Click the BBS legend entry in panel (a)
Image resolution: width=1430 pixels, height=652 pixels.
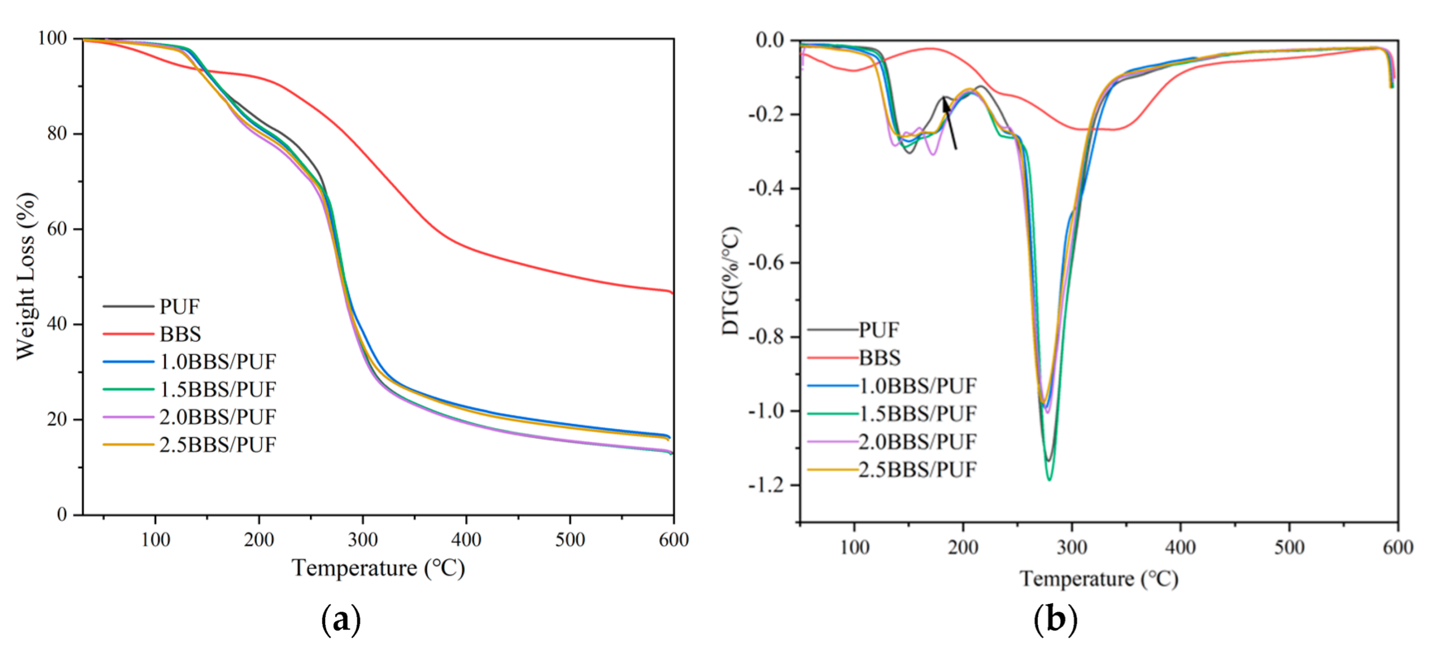[x=180, y=334]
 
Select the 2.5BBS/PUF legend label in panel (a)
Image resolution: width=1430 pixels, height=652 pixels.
[x=217, y=445]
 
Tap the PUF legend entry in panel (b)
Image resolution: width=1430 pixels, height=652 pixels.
[x=878, y=330]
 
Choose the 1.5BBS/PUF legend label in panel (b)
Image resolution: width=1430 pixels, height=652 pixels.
[x=917, y=413]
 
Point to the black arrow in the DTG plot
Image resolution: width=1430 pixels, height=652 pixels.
[x=949, y=122]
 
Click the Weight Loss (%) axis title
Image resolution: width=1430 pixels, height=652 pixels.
[x=25, y=276]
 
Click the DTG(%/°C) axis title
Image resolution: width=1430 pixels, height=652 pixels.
[x=730, y=281]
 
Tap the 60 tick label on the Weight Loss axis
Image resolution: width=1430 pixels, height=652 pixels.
[x=57, y=228]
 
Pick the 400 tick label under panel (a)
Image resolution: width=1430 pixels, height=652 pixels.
[x=466, y=539]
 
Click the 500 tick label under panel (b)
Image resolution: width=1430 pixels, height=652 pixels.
[x=1289, y=547]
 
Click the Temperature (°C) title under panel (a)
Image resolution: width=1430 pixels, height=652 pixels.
[x=378, y=568]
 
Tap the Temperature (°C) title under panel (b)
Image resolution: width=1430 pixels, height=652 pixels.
[x=1099, y=579]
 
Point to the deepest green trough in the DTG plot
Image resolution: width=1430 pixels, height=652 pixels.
[x=1049, y=479]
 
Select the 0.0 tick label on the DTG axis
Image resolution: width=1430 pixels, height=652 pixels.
[x=770, y=40]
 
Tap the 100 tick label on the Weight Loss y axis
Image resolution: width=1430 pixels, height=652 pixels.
[x=52, y=38]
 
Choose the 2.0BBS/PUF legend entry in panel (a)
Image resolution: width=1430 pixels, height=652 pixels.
[x=217, y=417]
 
